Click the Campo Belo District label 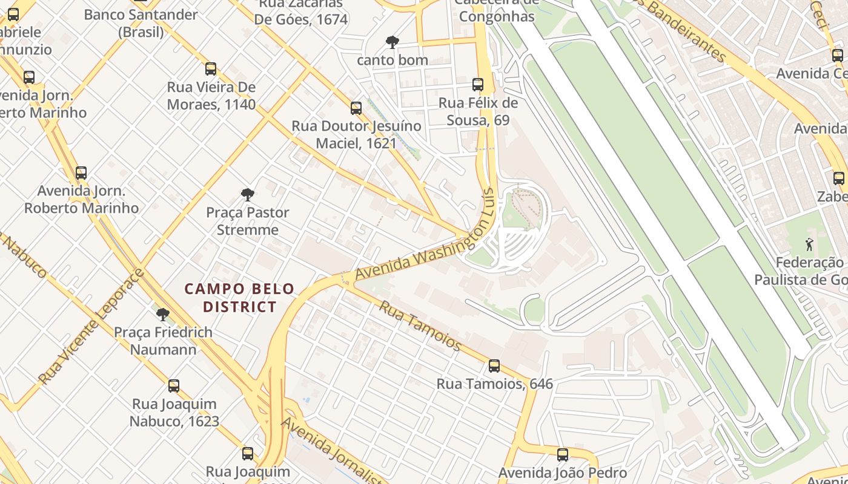(239, 298)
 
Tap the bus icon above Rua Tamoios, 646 (494, 366)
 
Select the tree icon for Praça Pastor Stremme (247, 195)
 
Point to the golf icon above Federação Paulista (809, 244)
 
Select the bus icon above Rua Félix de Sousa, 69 (478, 85)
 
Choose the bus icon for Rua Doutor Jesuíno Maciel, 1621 (356, 108)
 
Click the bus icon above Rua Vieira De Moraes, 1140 (211, 69)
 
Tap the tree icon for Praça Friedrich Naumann (162, 315)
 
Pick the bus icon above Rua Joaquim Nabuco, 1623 (174, 386)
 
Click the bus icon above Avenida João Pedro (563, 455)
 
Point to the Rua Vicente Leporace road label (91, 327)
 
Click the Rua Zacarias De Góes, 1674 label (300, 12)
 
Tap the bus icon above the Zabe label (839, 178)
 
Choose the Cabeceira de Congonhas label (497, 10)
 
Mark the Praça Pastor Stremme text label (248, 221)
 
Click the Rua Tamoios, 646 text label (494, 384)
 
